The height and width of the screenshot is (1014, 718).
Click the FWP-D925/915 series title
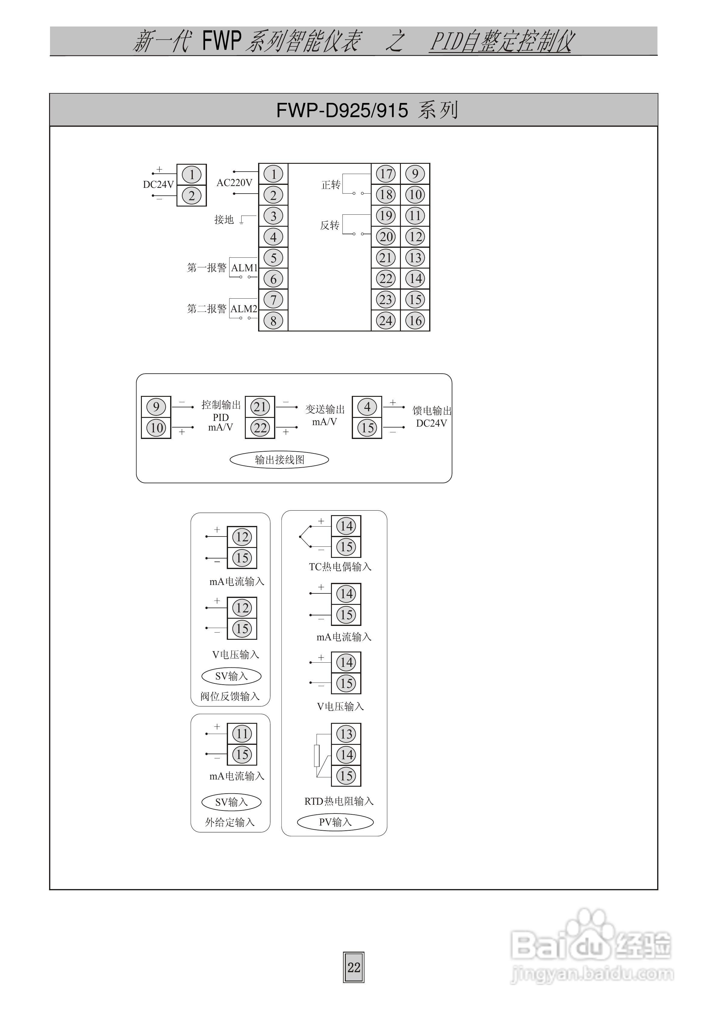[x=367, y=110]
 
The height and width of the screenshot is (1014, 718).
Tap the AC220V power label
[x=234, y=182]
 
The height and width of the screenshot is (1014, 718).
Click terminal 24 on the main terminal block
[x=386, y=320]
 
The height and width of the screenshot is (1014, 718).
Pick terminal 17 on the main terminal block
[x=386, y=174]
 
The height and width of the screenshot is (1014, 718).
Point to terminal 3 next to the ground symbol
[x=273, y=216]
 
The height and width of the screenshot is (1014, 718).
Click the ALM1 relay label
[x=244, y=268]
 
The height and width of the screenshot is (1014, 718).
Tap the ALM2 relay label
[x=244, y=309]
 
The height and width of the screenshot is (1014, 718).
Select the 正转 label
[x=331, y=185]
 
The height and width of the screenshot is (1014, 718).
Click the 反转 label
[x=330, y=225]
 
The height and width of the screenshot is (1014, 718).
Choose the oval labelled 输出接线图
[x=279, y=459]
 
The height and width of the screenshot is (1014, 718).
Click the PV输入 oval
[x=335, y=822]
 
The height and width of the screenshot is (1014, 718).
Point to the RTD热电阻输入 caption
[x=339, y=801]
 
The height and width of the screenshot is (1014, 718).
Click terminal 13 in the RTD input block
[x=346, y=734]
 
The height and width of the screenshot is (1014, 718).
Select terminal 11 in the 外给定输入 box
[x=242, y=734]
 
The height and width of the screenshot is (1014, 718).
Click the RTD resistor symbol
[x=317, y=755]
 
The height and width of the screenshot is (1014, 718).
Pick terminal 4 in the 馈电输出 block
[x=367, y=406]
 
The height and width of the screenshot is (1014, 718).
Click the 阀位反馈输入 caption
[x=230, y=696]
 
